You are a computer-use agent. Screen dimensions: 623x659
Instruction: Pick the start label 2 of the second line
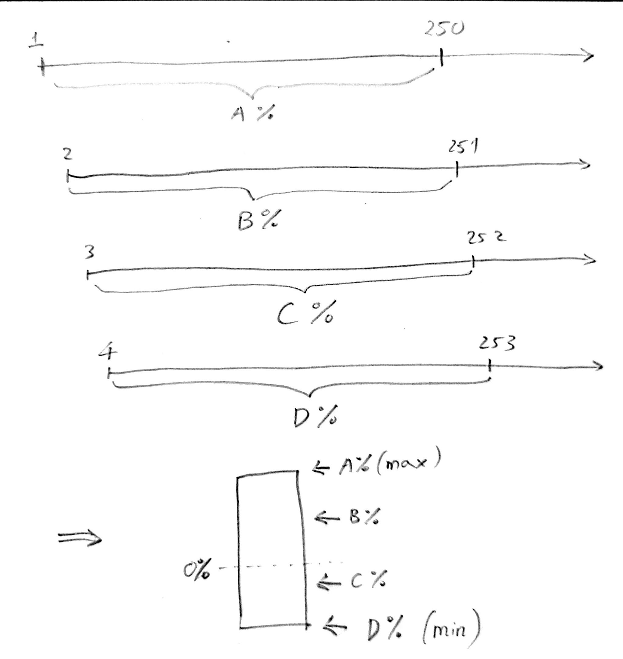pos(67,155)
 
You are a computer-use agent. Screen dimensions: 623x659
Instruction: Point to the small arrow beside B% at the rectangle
pos(327,518)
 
